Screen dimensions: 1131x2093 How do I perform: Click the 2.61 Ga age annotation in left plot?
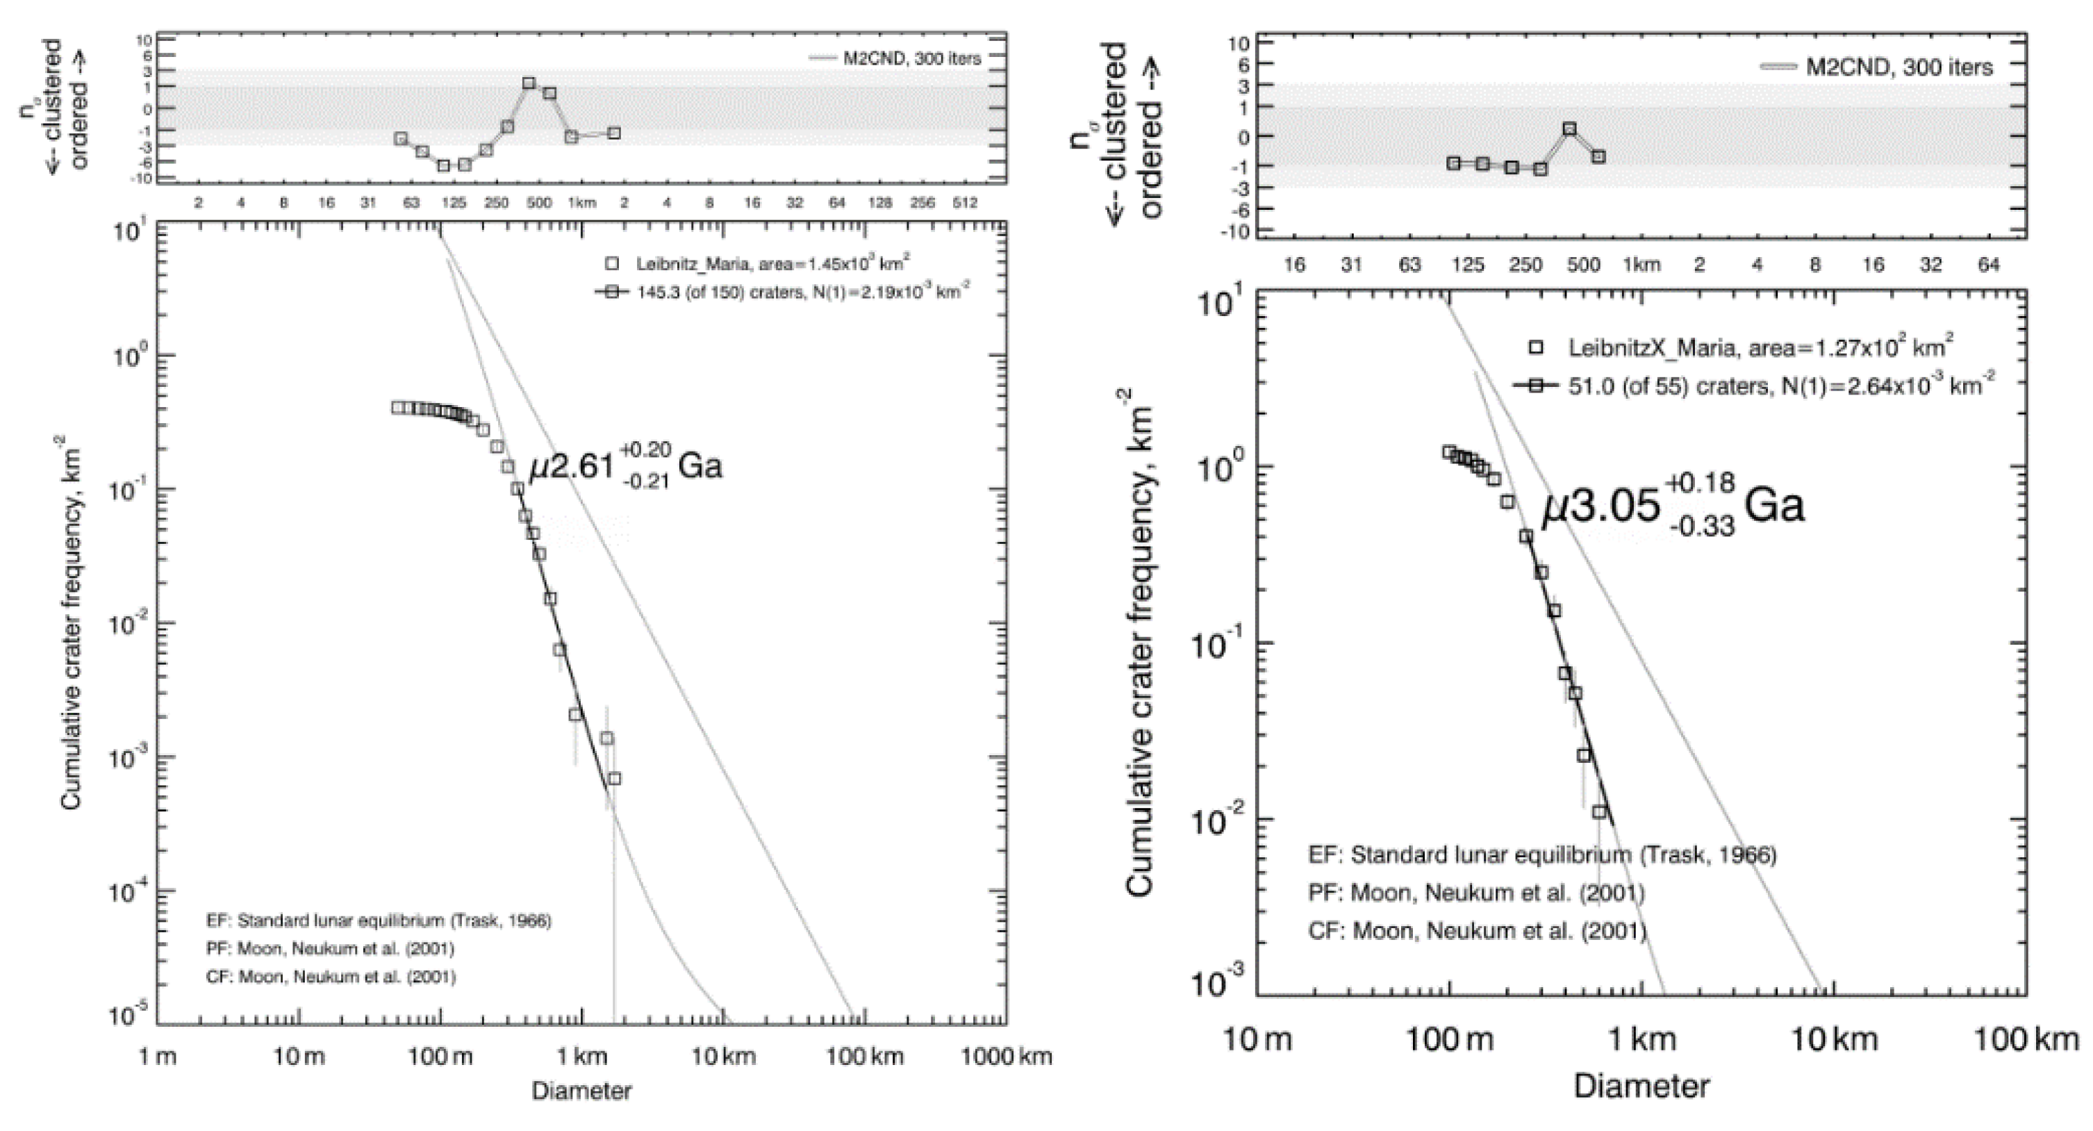[626, 467]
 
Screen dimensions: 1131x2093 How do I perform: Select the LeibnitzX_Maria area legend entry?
[1758, 348]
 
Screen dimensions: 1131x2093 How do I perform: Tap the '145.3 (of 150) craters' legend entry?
[784, 292]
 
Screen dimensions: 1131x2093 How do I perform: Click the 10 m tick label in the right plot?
[1257, 1040]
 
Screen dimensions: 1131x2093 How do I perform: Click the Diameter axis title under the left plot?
[581, 1091]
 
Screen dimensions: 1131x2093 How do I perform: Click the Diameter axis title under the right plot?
[1641, 1087]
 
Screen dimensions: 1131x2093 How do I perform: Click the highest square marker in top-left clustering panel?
[529, 83]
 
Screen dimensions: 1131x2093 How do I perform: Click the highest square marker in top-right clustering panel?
[1570, 129]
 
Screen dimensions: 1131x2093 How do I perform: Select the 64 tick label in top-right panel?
[1988, 265]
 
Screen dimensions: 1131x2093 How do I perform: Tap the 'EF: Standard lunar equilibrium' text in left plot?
[379, 921]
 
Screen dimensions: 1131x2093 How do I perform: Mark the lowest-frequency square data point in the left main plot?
[614, 778]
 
